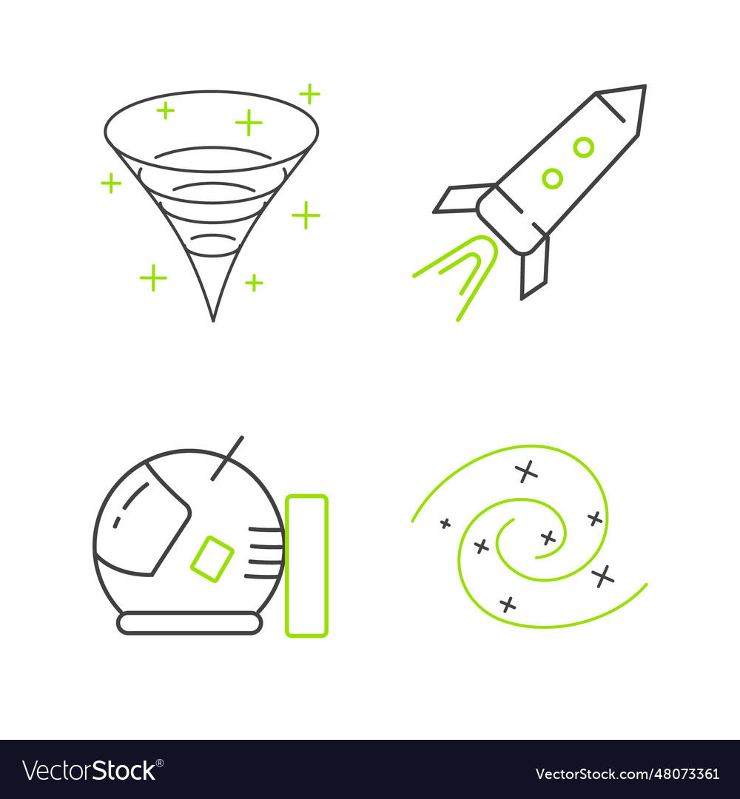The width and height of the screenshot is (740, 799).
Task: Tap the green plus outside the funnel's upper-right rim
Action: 309,94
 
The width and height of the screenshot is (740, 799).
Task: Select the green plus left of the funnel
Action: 111,183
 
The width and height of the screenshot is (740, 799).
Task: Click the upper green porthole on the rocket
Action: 584,147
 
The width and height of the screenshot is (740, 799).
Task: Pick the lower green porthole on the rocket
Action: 552,178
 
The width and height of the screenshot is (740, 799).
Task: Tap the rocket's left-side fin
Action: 461,198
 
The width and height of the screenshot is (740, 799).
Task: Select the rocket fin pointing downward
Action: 534,268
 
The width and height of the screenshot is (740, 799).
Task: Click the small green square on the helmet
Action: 212,559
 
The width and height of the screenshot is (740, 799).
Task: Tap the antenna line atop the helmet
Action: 227,457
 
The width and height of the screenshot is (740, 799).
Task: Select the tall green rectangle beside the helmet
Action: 306,566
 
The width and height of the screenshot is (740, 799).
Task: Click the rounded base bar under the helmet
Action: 190,624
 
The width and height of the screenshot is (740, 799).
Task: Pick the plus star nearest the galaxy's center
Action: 548,538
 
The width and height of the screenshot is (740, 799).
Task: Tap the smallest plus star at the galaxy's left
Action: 445,523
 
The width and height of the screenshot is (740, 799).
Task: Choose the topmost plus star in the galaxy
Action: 525,471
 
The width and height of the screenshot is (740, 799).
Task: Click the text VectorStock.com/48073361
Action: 627,774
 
